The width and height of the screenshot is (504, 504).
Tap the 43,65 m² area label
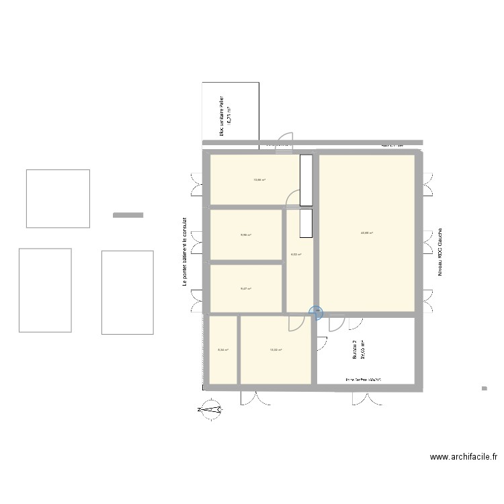click(366, 233)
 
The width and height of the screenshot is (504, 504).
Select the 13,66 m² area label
click(259, 179)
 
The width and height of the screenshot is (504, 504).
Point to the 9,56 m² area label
click(246, 235)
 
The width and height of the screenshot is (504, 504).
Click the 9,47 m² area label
click(246, 289)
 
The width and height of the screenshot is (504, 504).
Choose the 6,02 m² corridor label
click(296, 255)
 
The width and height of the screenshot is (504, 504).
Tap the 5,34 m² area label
click(223, 349)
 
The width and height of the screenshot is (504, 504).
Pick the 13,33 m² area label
click(276, 349)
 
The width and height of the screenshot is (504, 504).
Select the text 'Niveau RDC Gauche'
click(440, 251)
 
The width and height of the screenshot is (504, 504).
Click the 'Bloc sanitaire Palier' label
click(221, 116)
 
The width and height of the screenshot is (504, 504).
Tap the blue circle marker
click(316, 312)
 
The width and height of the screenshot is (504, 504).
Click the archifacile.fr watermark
click(463, 458)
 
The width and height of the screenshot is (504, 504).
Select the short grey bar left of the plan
click(128, 215)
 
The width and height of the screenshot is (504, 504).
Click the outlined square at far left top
click(58, 198)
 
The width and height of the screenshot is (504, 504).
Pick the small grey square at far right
click(483, 388)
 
